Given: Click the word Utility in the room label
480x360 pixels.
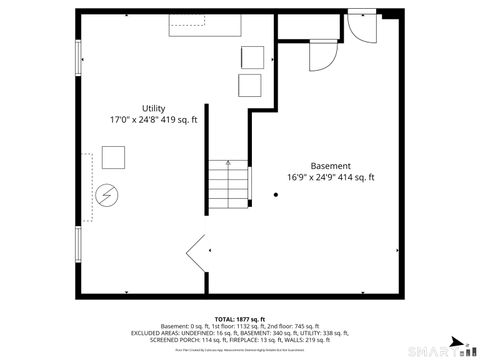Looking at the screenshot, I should click(153, 108).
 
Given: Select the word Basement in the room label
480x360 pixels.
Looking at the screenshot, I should click(330, 166).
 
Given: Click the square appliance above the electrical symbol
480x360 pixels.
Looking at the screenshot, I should click(112, 158).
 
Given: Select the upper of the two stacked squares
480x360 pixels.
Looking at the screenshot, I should click(250, 56).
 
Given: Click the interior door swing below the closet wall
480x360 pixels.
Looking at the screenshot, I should click(322, 57).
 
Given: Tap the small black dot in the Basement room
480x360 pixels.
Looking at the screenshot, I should click(276, 196).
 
